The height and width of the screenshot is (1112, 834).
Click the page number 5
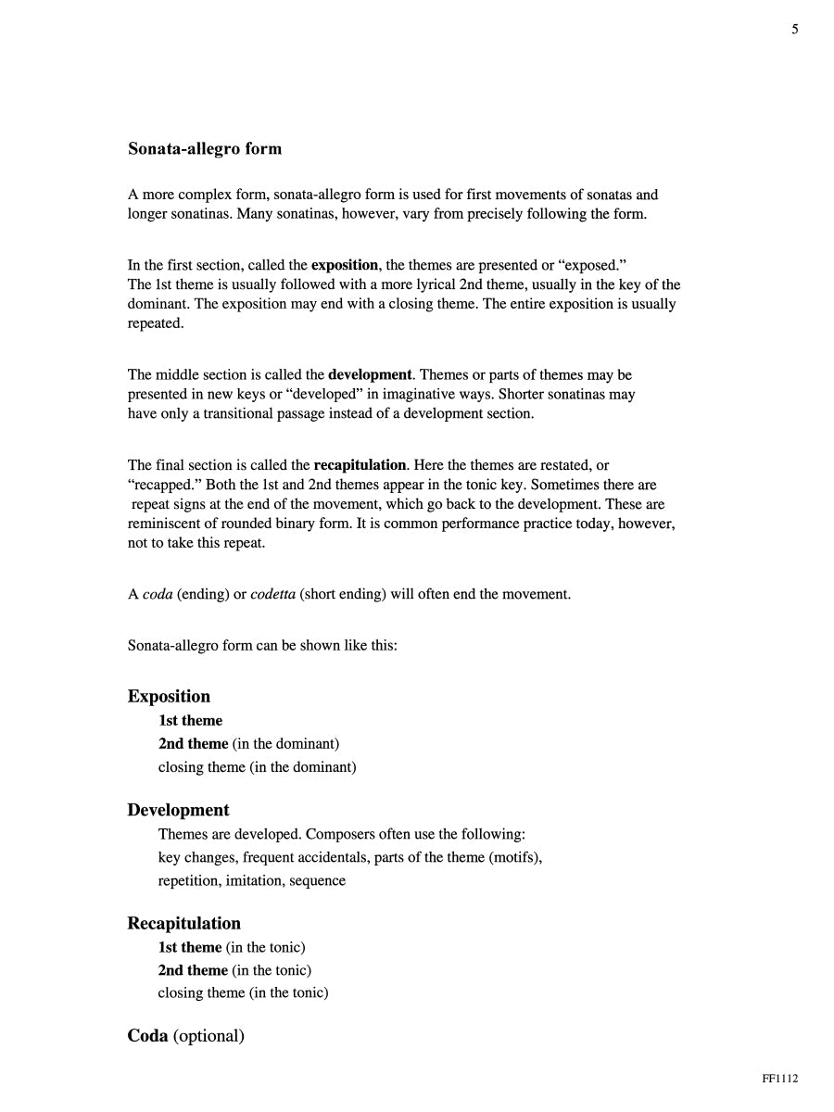click(x=794, y=30)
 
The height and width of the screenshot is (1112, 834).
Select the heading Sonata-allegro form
click(x=205, y=148)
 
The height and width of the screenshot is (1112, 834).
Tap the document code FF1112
click(x=779, y=1078)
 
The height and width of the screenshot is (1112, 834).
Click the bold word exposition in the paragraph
click(x=345, y=265)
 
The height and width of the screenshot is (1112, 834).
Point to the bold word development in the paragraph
click(x=370, y=374)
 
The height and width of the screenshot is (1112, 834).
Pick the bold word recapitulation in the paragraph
click(x=360, y=464)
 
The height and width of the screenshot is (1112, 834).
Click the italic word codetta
click(x=273, y=594)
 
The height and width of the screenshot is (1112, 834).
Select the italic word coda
click(x=158, y=594)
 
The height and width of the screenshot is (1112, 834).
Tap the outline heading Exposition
click(x=169, y=697)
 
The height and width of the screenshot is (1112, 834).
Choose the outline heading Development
click(x=178, y=810)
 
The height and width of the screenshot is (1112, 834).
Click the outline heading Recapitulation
click(x=183, y=923)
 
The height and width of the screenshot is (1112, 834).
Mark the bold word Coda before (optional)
click(x=147, y=1036)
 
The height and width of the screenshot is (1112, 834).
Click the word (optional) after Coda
click(x=208, y=1036)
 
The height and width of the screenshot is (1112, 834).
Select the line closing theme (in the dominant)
click(x=257, y=766)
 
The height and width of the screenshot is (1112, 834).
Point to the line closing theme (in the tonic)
click(x=243, y=992)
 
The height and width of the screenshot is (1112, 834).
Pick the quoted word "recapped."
click(x=158, y=485)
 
